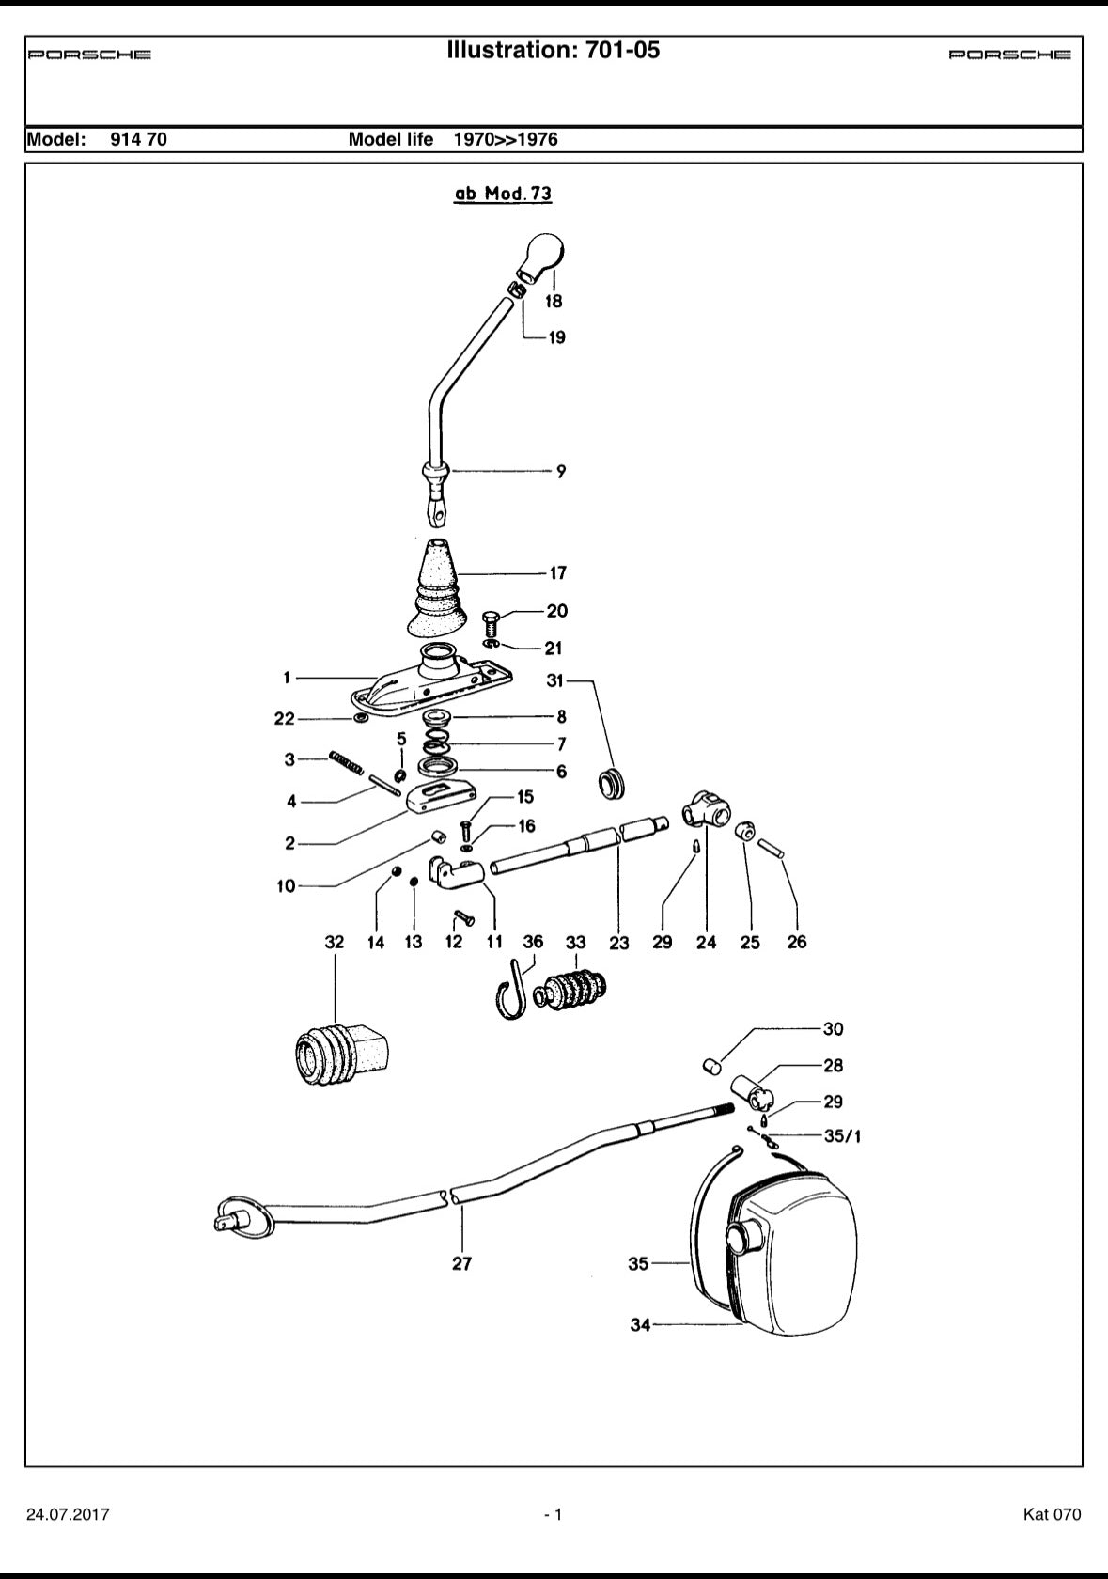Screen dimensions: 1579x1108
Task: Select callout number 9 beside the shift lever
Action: [561, 471]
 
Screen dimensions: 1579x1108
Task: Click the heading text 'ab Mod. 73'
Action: [503, 194]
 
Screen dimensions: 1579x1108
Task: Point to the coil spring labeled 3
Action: [347, 760]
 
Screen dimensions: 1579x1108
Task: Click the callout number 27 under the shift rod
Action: [461, 1264]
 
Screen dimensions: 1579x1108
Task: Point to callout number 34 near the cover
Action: [640, 1325]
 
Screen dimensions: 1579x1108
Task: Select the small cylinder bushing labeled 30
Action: [712, 1066]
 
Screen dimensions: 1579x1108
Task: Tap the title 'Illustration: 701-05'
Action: [554, 51]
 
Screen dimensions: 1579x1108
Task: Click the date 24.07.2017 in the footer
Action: [69, 1514]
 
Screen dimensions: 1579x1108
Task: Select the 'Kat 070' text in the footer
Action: [1052, 1514]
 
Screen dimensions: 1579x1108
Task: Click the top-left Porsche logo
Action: [89, 55]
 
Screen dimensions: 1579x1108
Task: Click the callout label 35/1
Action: [842, 1136]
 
